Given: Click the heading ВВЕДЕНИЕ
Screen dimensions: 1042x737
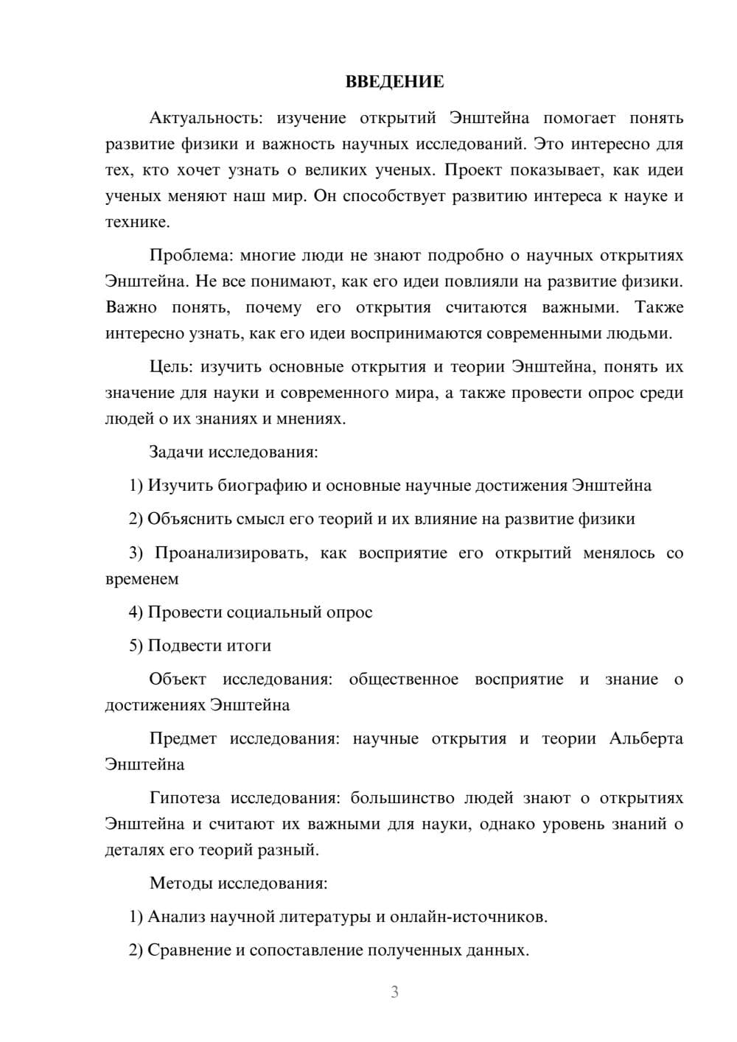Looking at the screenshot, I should (394, 82).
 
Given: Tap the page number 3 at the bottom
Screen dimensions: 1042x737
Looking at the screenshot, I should (394, 992).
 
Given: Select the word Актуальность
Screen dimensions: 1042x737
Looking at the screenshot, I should (205, 118).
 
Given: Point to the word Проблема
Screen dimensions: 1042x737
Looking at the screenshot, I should (191, 256).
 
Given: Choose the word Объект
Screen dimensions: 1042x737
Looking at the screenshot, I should (178, 679).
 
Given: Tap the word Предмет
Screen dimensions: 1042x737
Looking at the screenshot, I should (183, 738).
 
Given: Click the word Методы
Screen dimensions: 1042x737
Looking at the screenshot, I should (181, 883).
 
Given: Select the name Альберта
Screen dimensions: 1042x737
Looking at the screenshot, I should (646, 738).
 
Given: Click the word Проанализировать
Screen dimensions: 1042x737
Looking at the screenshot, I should (231, 553).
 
